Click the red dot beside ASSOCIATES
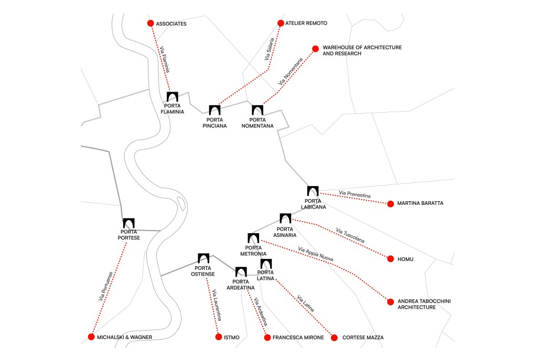coord(151,23)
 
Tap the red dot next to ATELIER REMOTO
coord(281,23)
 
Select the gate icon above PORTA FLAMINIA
coord(173,97)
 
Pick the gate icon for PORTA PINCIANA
coord(214,110)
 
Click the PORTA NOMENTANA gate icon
coord(257,110)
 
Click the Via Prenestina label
coord(355,195)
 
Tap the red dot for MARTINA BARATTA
coord(390,203)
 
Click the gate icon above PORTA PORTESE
coord(129,223)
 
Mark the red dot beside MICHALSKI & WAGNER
coord(91,337)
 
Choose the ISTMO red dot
coord(219,337)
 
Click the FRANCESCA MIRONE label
coord(299,337)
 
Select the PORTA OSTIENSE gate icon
coord(203,258)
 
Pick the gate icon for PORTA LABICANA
coord(313,192)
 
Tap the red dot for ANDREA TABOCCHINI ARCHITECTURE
coord(390,302)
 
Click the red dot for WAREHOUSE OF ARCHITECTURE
coord(315,49)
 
